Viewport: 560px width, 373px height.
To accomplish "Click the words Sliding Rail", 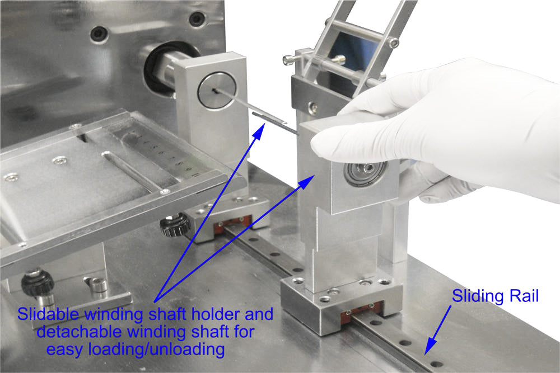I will point(495,296).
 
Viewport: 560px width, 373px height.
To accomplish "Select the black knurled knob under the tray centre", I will point(171,226).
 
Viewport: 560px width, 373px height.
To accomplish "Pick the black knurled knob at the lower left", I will point(38,283).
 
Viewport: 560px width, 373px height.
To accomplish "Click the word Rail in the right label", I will point(523,296).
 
